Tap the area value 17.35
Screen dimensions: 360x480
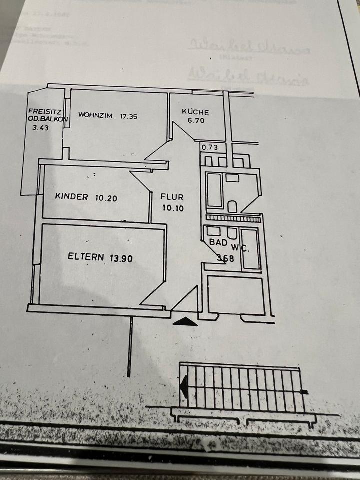point(128,116)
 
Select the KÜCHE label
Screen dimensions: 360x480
point(195,112)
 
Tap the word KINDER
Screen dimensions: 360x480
point(72,197)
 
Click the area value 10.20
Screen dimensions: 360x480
point(106,197)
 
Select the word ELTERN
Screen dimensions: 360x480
point(86,258)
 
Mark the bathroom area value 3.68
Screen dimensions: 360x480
point(226,258)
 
